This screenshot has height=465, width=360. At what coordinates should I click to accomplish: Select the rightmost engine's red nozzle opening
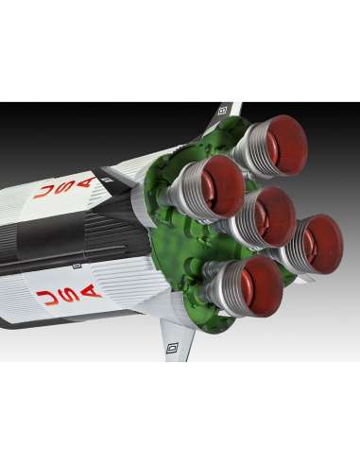point(323,244)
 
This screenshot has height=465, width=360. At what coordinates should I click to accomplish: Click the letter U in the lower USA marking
point(47,299)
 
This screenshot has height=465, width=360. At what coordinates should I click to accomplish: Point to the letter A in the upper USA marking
point(84,183)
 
